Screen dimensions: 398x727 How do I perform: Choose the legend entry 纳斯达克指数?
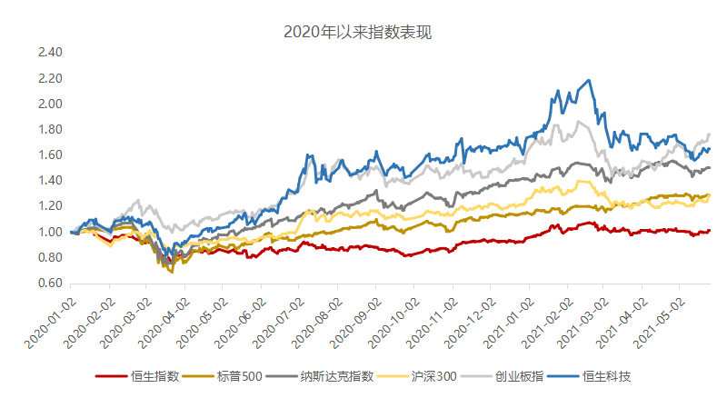click(x=336, y=375)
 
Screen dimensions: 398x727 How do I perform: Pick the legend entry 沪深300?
click(x=433, y=375)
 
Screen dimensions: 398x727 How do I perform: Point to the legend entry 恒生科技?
click(x=609, y=375)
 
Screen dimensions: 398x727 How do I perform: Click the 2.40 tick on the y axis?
click(x=50, y=53)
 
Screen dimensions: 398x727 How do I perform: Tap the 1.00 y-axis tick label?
click(x=50, y=232)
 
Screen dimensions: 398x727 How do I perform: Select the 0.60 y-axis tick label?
click(x=50, y=284)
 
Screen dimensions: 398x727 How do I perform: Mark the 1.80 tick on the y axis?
click(x=50, y=129)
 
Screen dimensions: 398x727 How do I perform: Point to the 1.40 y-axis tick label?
click(x=50, y=181)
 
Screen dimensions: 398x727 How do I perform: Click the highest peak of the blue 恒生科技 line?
click(x=591, y=81)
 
